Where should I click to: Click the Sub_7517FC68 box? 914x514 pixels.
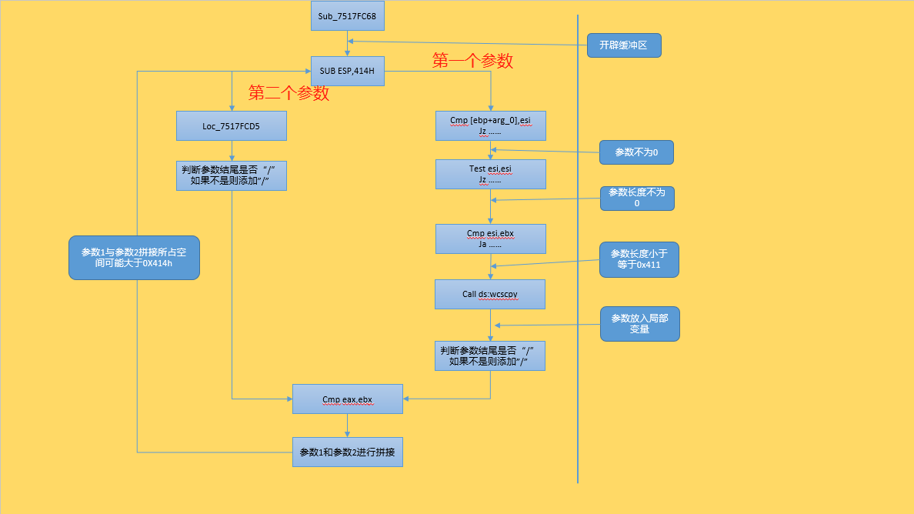click(347, 15)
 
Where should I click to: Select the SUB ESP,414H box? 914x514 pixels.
click(347, 72)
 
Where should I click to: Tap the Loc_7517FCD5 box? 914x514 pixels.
click(231, 126)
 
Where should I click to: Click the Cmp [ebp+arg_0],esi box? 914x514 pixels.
click(490, 125)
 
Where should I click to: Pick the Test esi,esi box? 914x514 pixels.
click(490, 174)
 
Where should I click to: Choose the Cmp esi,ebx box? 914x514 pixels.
click(490, 239)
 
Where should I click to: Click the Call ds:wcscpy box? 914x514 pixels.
click(489, 294)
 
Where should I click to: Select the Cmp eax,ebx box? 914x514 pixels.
click(347, 399)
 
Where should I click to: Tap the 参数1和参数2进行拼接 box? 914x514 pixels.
click(347, 452)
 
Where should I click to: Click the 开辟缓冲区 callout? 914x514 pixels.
click(623, 45)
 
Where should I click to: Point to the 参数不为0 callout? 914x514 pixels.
click(636, 152)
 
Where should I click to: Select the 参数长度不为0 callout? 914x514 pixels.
click(637, 198)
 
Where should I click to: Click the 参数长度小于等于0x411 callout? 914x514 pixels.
click(639, 259)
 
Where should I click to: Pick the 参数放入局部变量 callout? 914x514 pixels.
click(639, 323)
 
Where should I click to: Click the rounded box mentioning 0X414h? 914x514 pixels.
click(134, 257)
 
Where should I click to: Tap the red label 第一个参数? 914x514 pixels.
click(472, 61)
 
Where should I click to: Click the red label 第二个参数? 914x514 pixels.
click(289, 93)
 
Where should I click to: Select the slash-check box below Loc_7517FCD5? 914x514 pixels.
click(231, 175)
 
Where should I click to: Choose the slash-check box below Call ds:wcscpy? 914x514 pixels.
click(489, 355)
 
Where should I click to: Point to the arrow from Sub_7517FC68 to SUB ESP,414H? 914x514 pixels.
click(347, 43)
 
